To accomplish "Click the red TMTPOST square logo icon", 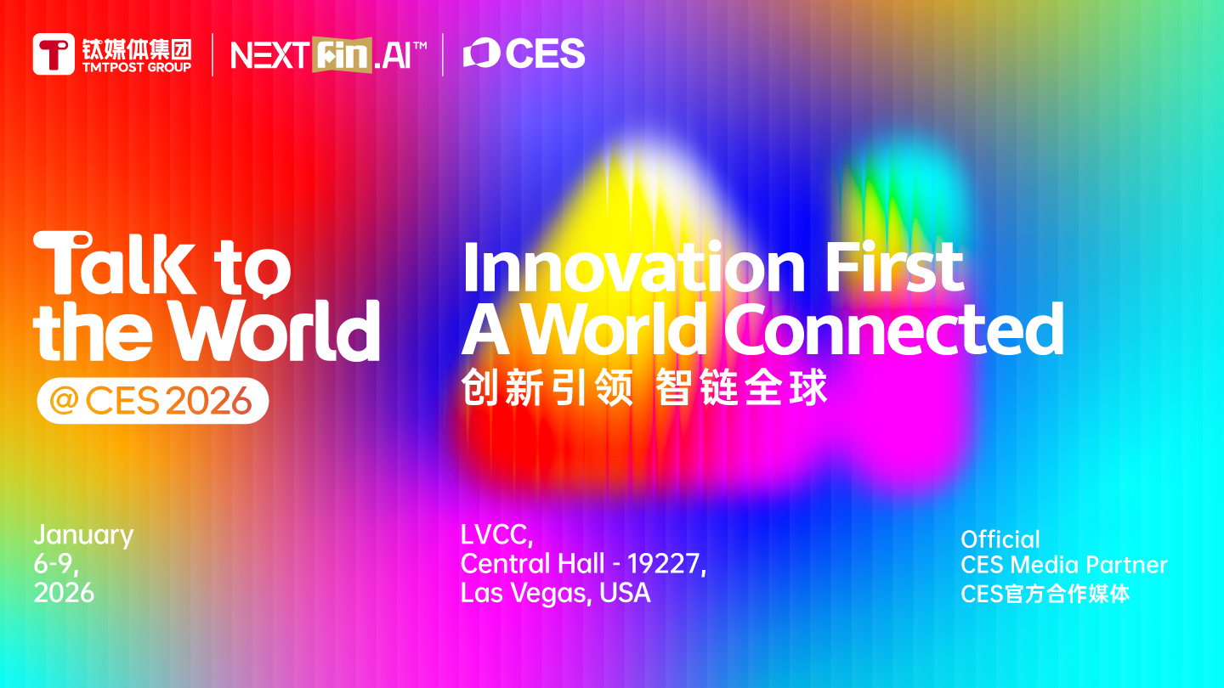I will tap(54, 54).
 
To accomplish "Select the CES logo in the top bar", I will tap(524, 54).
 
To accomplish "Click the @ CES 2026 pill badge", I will tap(153, 401).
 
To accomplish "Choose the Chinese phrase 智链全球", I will tap(742, 389).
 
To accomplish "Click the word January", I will tap(83, 536).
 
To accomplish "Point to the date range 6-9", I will tap(56, 564).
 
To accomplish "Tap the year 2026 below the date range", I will tap(64, 592).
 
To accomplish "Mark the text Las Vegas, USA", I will tap(555, 592).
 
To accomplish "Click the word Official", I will tap(1000, 539).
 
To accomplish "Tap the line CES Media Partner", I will tap(1063, 565).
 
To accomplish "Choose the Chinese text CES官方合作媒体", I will tap(1045, 593).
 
